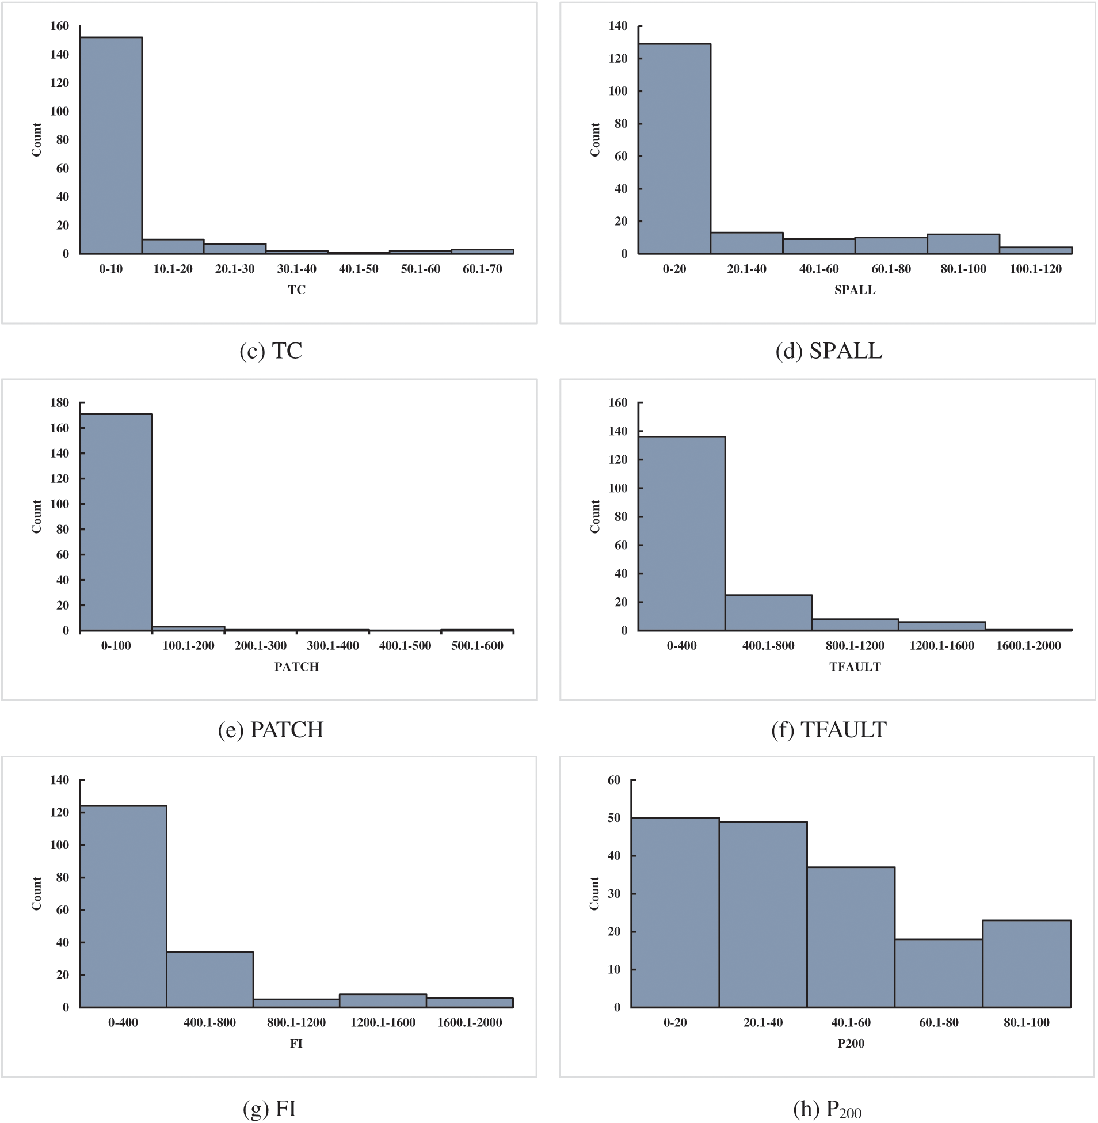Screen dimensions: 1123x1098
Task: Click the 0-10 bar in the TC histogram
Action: tap(111, 146)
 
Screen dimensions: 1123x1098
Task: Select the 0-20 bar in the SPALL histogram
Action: tap(674, 149)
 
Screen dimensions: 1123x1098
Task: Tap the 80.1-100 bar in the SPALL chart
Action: tap(964, 244)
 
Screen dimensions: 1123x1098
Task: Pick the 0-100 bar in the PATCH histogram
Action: tap(116, 523)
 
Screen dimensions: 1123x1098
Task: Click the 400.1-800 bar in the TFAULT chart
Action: tap(769, 612)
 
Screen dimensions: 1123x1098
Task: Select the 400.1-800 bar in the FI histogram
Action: tap(210, 980)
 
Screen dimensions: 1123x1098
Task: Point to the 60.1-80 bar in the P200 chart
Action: tap(939, 973)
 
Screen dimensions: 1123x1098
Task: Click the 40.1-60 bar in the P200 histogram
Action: tap(851, 937)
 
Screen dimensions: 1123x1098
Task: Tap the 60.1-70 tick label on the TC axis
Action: tap(483, 269)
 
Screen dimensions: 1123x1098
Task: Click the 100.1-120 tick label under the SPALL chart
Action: tap(1036, 269)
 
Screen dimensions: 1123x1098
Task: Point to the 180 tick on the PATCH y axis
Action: tap(59, 402)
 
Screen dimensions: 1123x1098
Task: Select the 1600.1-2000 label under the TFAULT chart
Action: tap(1029, 646)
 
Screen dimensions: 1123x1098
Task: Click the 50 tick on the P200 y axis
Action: tap(614, 818)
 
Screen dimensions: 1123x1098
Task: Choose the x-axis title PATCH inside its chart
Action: tap(296, 667)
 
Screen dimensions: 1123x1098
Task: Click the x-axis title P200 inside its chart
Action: tap(851, 1044)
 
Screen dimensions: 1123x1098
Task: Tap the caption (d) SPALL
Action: tap(829, 351)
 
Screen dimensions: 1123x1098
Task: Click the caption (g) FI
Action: tap(270, 1109)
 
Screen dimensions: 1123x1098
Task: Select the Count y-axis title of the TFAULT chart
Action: tap(595, 516)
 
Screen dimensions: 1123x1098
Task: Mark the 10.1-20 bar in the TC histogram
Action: tap(173, 246)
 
